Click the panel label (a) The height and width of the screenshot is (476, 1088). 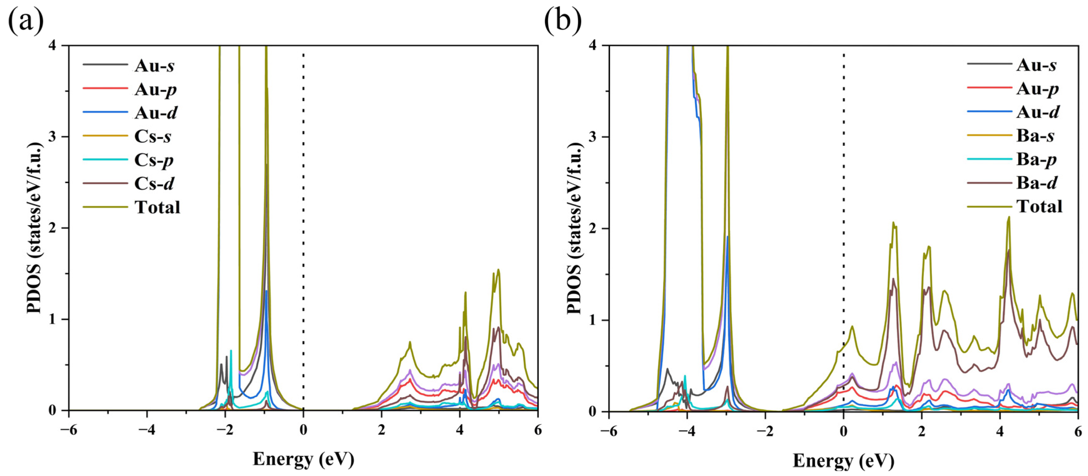[26, 21]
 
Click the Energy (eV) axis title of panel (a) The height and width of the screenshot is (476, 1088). [303, 459]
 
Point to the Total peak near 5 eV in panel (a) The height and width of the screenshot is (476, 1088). [498, 270]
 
